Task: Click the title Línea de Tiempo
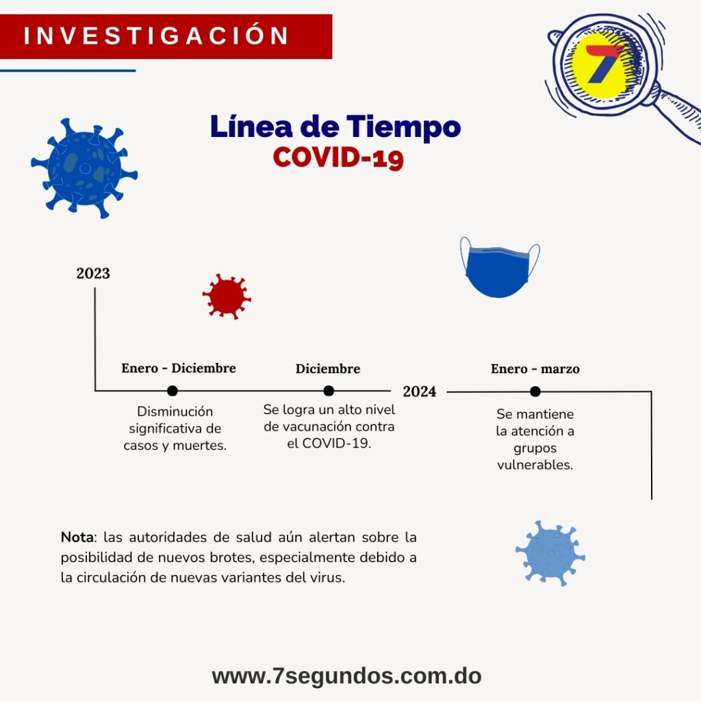[x=335, y=127]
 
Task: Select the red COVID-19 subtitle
[x=338, y=157]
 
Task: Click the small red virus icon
[x=227, y=296]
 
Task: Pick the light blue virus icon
[x=550, y=552]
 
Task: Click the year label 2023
[x=93, y=274]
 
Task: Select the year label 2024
[x=419, y=392]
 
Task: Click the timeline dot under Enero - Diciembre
[x=173, y=391]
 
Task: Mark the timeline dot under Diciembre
[x=329, y=391]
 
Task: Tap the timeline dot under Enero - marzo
[x=535, y=392]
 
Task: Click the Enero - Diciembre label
[x=179, y=368]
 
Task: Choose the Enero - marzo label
[x=535, y=369]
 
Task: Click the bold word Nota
[x=76, y=536]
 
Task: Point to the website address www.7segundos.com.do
[x=346, y=676]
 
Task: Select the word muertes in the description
[x=203, y=445]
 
